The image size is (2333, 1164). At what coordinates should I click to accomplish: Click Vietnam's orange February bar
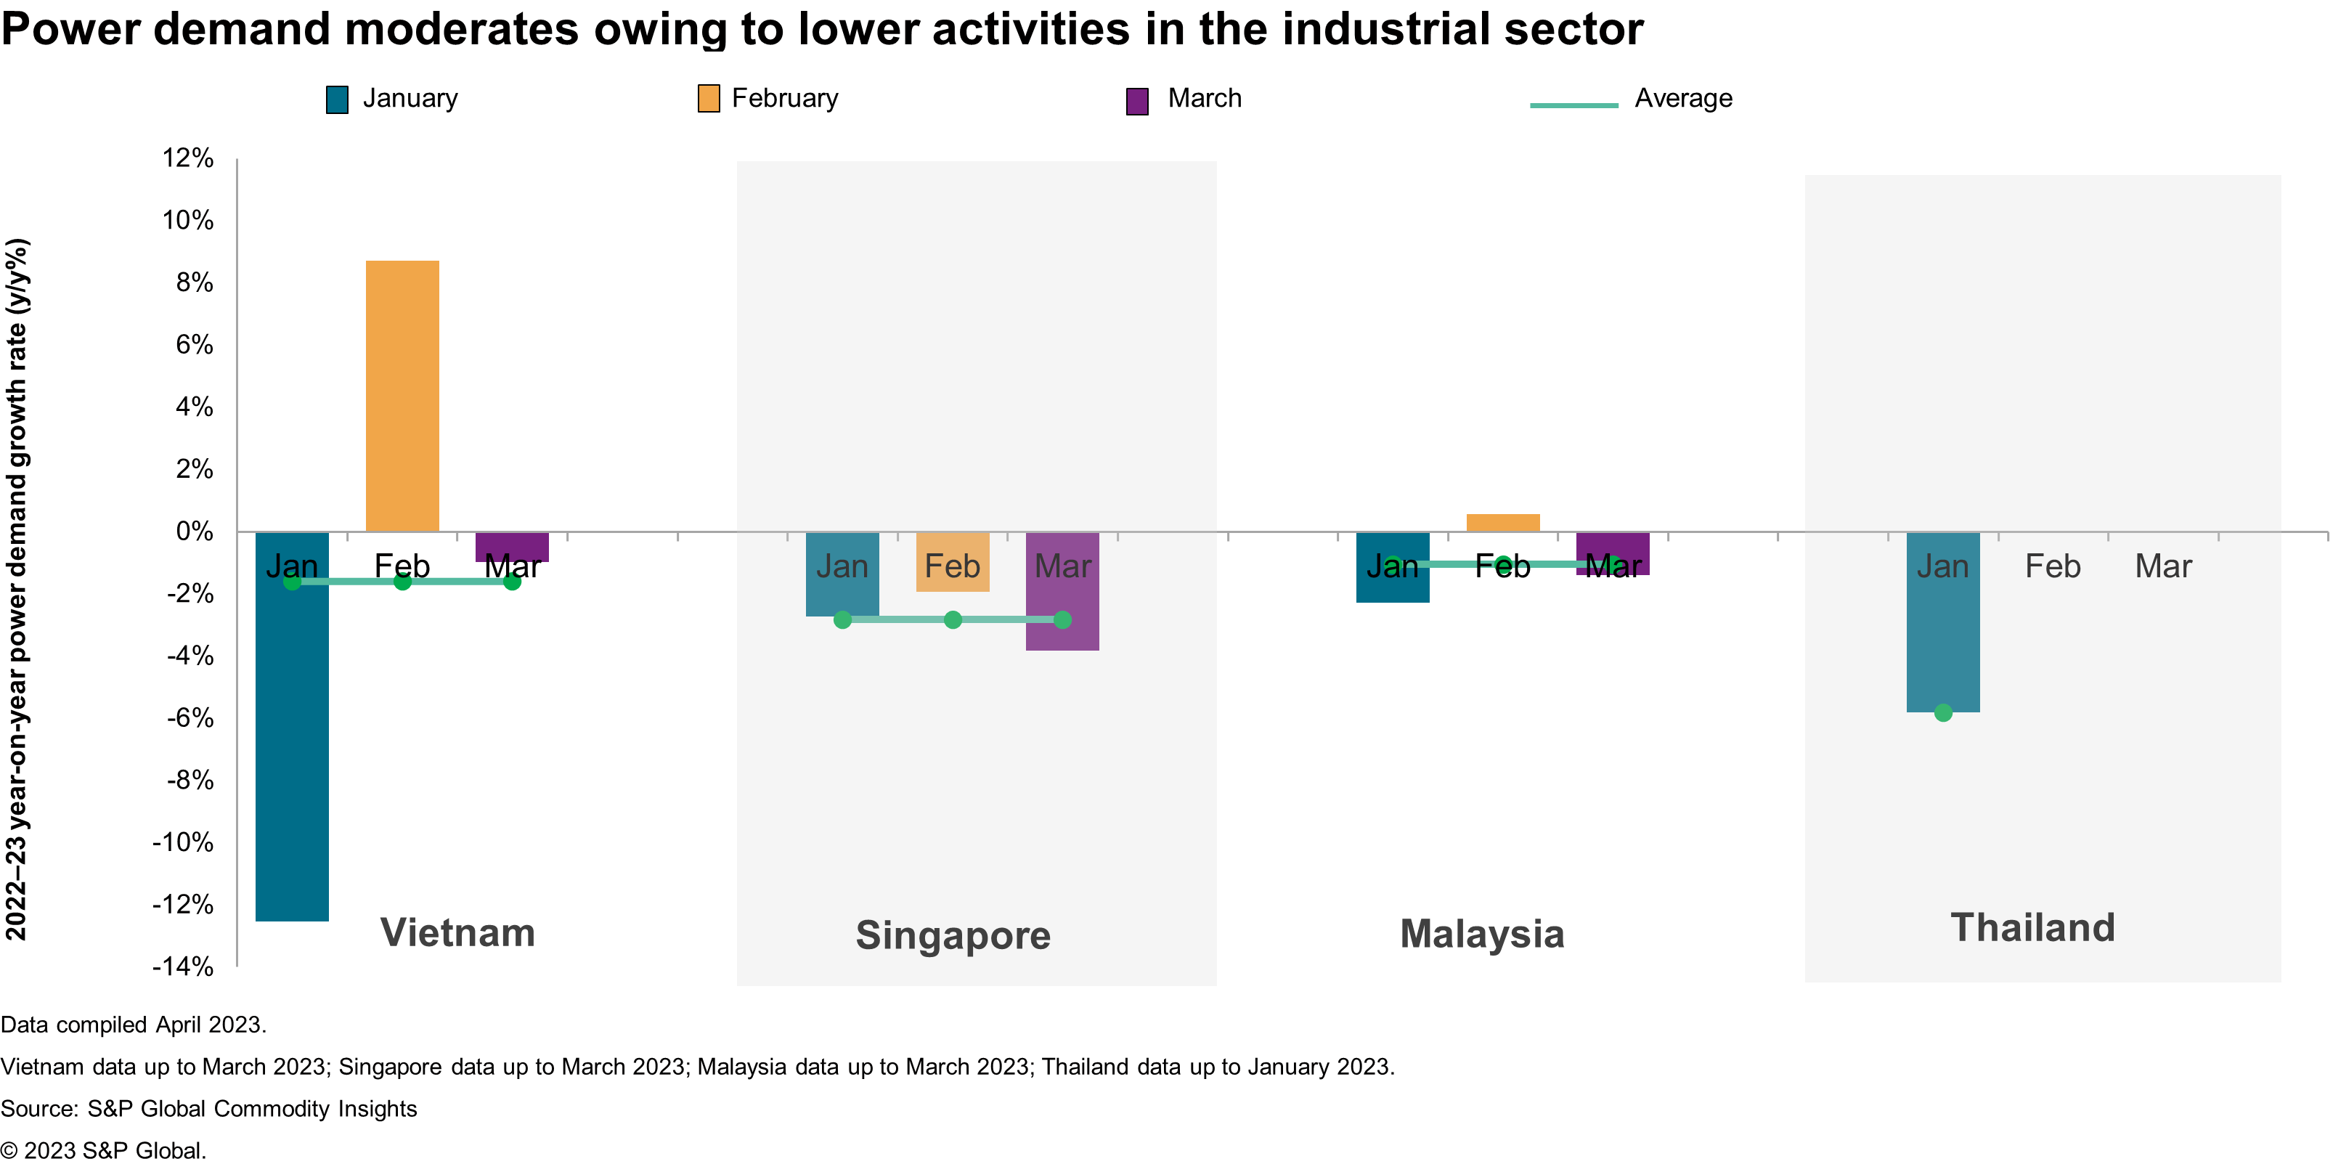[402, 396]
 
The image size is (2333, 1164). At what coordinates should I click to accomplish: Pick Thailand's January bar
[1942, 634]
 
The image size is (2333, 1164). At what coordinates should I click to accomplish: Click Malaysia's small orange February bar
[1502, 523]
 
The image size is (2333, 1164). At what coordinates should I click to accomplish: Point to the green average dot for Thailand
[1942, 713]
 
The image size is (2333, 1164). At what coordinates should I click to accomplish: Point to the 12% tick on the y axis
[188, 158]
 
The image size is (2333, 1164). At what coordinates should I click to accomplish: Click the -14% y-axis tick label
[184, 966]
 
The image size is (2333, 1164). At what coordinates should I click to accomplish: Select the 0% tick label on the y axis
[194, 532]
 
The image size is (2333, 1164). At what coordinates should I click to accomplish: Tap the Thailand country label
[2032, 929]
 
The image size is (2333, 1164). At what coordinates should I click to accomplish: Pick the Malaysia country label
[1482, 934]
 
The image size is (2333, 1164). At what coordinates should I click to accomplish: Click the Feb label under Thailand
[2052, 566]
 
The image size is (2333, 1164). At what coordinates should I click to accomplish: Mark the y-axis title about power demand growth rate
[17, 589]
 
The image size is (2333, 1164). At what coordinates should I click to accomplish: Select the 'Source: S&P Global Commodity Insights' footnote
[208, 1109]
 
